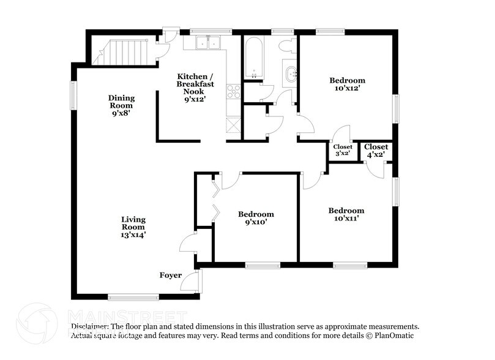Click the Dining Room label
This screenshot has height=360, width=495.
coord(121,105)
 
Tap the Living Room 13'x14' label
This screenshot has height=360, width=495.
coord(133,226)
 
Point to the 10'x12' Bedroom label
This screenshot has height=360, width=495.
coord(347,84)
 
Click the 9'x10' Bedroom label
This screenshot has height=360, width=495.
coord(256,218)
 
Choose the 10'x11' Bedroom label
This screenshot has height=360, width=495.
coord(346,214)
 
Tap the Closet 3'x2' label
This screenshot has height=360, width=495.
coord(342,151)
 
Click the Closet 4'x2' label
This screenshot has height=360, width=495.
coord(376,151)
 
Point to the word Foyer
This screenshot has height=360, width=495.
coord(171,275)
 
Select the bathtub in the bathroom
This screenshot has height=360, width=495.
coord(252,58)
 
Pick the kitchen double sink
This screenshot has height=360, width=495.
coord(208,43)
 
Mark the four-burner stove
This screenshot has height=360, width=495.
coord(234,92)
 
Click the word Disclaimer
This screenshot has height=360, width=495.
coord(91,327)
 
